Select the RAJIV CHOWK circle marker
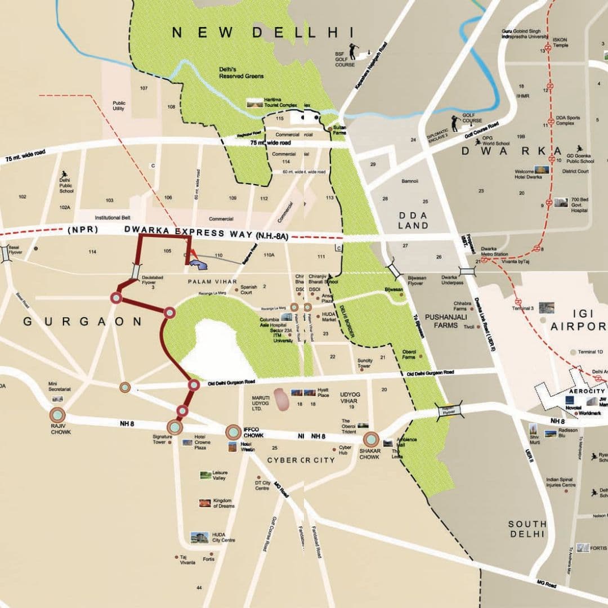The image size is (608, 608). [58, 415]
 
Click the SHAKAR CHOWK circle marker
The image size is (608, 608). [371, 440]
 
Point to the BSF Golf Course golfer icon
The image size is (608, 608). [353, 52]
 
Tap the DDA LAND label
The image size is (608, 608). [413, 220]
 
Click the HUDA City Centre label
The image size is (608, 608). [223, 537]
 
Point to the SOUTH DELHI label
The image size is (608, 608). [527, 528]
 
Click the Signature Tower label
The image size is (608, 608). [162, 439]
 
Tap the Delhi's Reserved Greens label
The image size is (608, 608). [241, 73]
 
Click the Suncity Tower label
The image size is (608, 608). [364, 363]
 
